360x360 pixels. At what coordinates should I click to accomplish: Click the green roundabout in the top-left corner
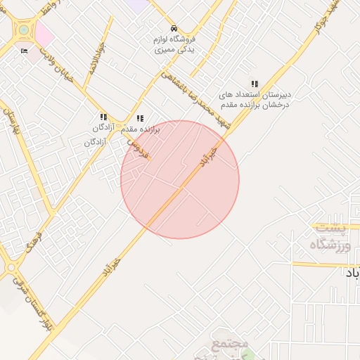24,30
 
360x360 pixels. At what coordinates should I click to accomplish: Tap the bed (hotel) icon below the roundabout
25,52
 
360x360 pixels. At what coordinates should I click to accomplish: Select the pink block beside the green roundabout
44,32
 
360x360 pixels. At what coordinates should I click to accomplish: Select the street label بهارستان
11,123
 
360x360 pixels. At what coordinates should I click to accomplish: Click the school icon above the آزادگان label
103,117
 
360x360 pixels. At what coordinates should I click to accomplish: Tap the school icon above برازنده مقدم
140,119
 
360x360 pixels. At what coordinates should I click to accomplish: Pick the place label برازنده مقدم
141,130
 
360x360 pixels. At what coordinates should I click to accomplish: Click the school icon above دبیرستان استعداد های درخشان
254,84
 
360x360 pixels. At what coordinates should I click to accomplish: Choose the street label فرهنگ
34,243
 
